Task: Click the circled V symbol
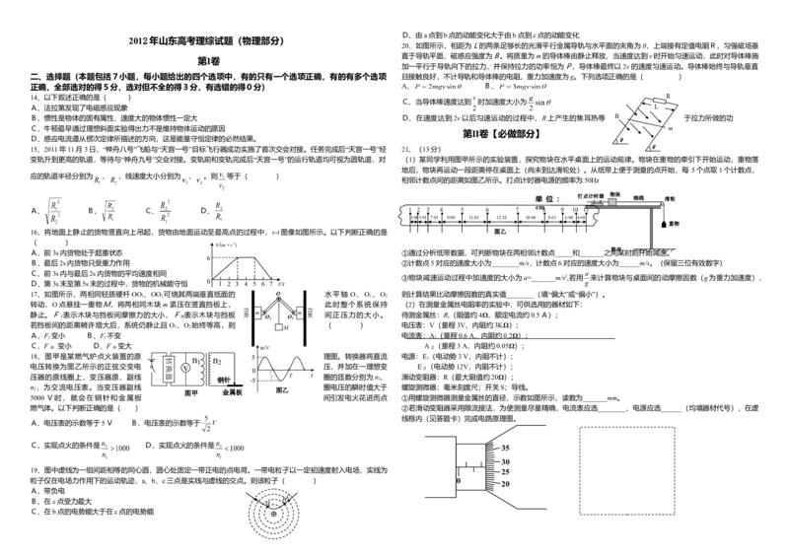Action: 184,367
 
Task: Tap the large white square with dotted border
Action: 627,471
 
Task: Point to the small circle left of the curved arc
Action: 272,515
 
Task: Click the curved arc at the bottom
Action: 295,513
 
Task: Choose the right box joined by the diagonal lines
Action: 298,313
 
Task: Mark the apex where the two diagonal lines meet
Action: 279,298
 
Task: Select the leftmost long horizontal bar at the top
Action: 437,88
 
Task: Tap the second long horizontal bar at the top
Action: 524,88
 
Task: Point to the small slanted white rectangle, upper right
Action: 658,100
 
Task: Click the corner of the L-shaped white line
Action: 611,152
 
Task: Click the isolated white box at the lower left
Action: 114,450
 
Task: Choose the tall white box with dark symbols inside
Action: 164,209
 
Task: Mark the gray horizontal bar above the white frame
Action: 264,238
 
